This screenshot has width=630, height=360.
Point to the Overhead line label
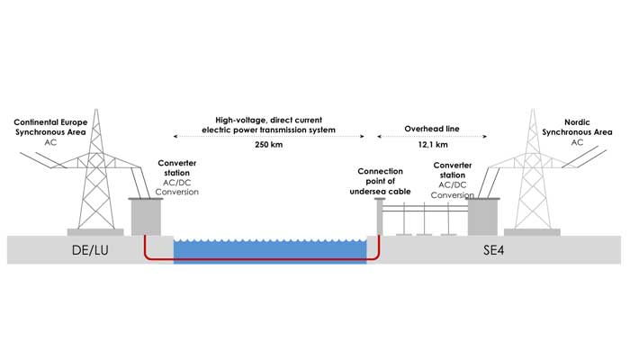point(434,130)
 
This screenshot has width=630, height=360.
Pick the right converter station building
point(482,216)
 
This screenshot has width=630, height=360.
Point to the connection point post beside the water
point(379,216)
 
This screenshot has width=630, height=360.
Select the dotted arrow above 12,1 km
point(434,137)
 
